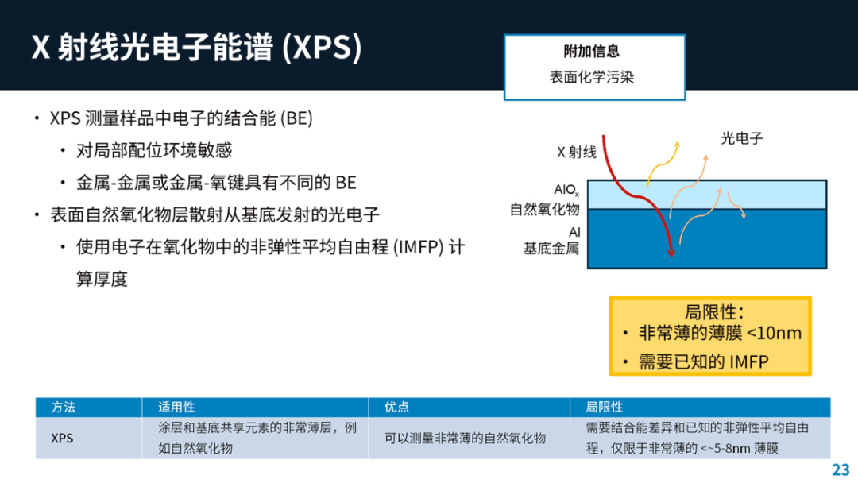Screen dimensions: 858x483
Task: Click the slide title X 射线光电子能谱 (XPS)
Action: (x=196, y=47)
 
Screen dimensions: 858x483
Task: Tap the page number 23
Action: (x=841, y=469)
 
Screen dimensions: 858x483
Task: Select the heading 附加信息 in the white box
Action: (x=592, y=52)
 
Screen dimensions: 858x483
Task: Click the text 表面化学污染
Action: (x=592, y=77)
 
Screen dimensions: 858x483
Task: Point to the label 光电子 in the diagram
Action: (x=741, y=138)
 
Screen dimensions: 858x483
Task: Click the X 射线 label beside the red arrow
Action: (x=577, y=152)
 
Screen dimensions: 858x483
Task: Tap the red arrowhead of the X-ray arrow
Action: (x=671, y=253)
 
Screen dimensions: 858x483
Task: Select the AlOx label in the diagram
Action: (x=566, y=190)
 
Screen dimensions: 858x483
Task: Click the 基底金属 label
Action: (x=551, y=249)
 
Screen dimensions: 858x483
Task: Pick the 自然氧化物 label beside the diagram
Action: (x=544, y=210)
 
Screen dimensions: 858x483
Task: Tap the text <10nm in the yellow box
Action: (x=774, y=333)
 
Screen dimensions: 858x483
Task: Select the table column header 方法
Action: (x=64, y=407)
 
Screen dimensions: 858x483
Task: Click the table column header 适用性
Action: (x=176, y=407)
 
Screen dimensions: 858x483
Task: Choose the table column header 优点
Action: (x=396, y=407)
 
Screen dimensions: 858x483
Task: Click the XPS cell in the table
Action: (x=62, y=439)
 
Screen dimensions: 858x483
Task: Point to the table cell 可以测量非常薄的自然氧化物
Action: (x=465, y=439)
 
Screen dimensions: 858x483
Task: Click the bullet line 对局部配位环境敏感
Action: (x=154, y=150)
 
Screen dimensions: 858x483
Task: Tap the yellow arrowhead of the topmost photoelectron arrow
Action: (x=678, y=145)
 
